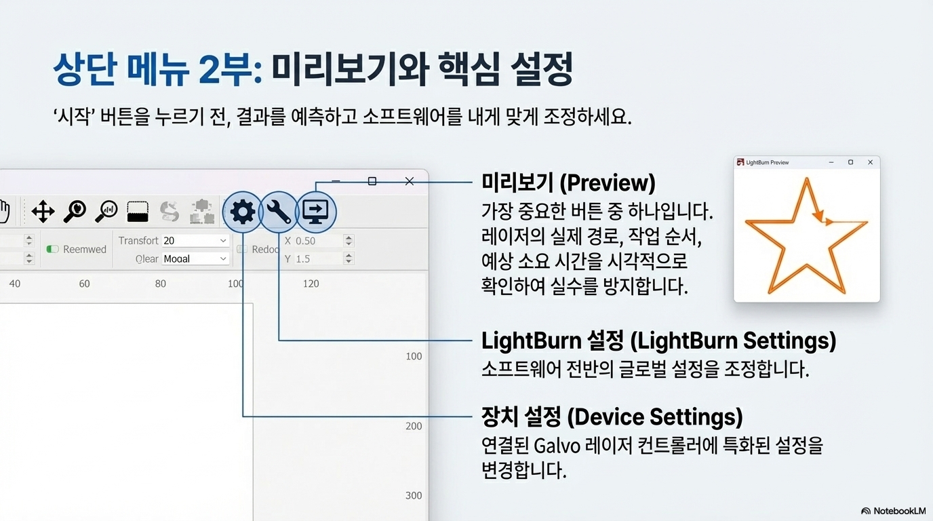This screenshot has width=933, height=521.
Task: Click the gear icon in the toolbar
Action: [x=243, y=212]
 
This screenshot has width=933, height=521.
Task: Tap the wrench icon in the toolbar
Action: [x=279, y=212]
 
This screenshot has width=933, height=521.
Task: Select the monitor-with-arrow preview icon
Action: [x=315, y=212]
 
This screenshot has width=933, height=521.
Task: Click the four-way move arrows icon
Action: [x=43, y=212]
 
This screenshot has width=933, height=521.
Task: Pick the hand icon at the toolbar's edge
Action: [x=5, y=211]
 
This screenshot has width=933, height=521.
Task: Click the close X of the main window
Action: [x=409, y=181]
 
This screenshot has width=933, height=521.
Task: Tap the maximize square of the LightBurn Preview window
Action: [x=851, y=163]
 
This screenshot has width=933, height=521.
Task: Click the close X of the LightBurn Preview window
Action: [x=871, y=163]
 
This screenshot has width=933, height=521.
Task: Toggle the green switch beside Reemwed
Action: [x=52, y=249]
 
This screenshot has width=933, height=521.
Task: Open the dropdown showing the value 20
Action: [x=195, y=241]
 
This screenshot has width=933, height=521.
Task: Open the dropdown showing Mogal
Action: [x=195, y=258]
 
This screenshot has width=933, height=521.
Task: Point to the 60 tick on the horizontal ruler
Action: [x=84, y=284]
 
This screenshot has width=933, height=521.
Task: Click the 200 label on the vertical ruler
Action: [x=414, y=426]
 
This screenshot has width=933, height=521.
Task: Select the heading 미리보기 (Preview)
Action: [x=568, y=182]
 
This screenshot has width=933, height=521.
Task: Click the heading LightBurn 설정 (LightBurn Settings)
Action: [x=658, y=340]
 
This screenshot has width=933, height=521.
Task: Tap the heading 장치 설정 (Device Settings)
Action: [x=612, y=417]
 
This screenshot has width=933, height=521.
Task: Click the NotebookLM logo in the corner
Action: [x=893, y=511]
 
